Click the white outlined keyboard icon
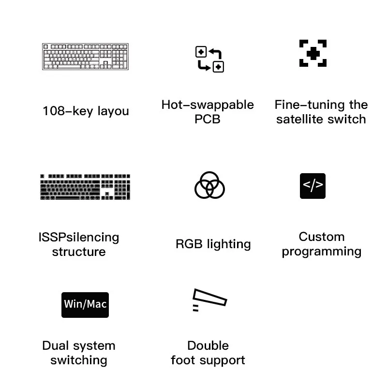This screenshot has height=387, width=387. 86,57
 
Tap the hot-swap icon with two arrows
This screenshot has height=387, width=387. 209,60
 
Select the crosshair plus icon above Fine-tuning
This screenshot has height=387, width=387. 313,53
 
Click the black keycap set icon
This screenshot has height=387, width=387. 85,187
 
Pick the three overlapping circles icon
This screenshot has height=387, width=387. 209,185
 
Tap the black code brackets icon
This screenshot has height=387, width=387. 313,186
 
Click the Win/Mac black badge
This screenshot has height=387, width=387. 85,304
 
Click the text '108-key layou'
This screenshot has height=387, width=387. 86,111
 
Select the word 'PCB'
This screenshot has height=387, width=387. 208,119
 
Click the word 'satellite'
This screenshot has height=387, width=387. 303,119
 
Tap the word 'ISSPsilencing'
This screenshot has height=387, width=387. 79,238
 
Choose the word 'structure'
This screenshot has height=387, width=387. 79,252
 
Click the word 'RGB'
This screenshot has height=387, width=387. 189,244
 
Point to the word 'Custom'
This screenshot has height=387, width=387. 322,237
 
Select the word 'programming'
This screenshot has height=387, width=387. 322,252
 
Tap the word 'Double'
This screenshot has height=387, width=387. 208,345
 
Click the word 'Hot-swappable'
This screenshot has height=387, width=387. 208,105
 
